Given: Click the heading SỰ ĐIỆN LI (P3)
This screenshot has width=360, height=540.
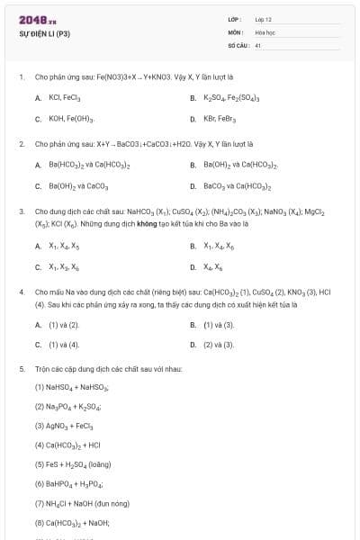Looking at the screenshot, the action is (x=44, y=34).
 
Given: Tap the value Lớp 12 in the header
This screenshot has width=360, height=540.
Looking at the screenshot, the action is (x=264, y=19).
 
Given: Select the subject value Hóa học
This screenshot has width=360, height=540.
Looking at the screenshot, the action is (x=264, y=31).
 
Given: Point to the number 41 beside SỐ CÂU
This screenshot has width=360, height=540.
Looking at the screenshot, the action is (x=257, y=44).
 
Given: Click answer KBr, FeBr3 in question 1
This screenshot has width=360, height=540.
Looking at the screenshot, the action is (x=224, y=119).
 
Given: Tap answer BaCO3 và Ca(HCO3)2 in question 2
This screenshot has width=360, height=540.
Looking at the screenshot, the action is (x=238, y=187).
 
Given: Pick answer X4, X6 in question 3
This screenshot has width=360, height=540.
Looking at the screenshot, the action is (x=214, y=267).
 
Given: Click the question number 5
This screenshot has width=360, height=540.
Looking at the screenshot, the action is (x=21, y=369).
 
